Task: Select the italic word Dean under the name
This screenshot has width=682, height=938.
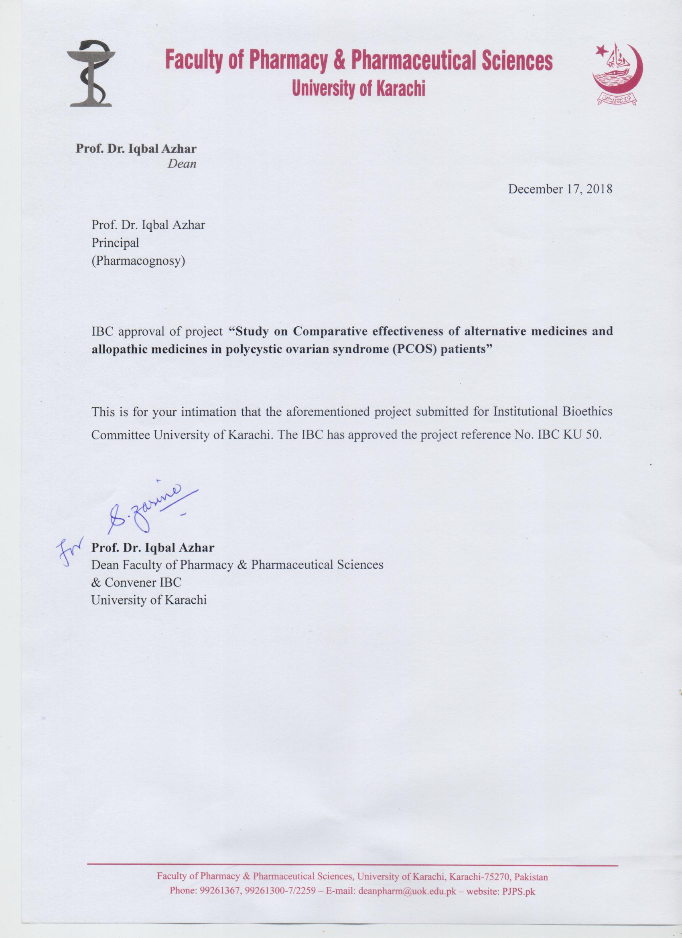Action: [182, 164]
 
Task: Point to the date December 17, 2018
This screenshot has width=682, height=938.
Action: [560, 190]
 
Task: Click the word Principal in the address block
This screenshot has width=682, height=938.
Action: [115, 243]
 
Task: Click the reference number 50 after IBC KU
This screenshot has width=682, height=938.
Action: [593, 435]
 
